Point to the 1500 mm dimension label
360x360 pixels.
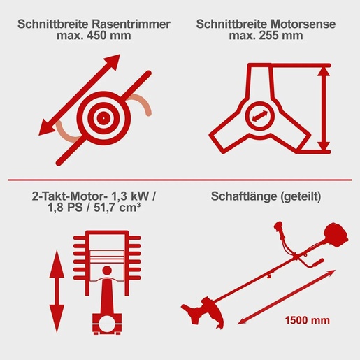(305, 322)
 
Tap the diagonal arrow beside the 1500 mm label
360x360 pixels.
(263, 308)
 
